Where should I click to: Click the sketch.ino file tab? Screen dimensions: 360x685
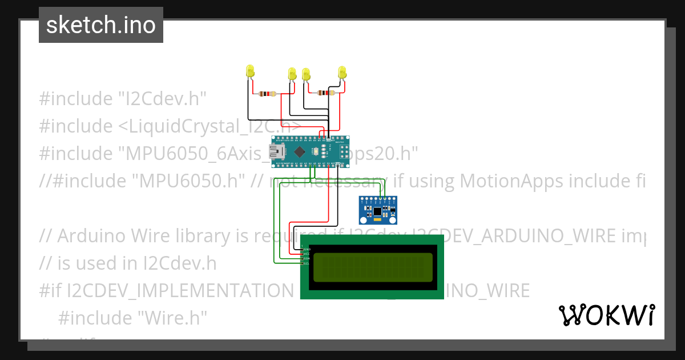(x=101, y=25)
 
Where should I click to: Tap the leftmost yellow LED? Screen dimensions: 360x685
(x=249, y=71)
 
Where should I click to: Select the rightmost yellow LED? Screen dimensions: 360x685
(x=342, y=72)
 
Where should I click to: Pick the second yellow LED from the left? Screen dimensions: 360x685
(x=292, y=74)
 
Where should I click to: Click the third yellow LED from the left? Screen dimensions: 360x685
(x=306, y=74)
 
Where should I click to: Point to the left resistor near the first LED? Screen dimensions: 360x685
(x=267, y=94)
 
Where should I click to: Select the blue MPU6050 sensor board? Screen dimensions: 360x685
(x=377, y=210)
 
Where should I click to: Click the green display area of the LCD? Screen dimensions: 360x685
(x=372, y=267)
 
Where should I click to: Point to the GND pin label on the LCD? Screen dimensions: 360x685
(x=307, y=249)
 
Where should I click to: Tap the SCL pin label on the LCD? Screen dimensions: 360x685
(x=307, y=263)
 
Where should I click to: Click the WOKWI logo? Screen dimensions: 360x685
(x=606, y=315)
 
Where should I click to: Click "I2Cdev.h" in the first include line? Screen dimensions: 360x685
(x=162, y=99)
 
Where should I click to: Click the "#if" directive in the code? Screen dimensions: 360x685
(x=50, y=291)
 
